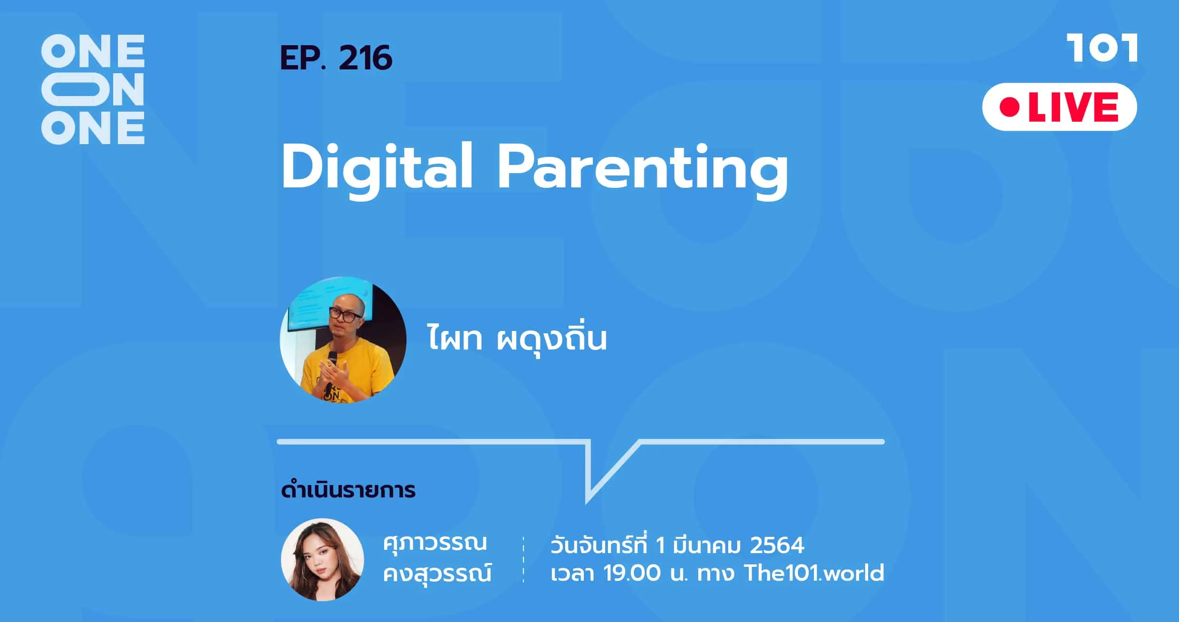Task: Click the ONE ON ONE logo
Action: [x=93, y=89]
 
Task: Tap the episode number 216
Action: [x=366, y=58]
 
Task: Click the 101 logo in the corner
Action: [x=1102, y=48]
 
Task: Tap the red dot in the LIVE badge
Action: [x=1009, y=107]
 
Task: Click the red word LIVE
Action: [x=1073, y=107]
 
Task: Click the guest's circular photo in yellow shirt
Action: [x=343, y=340]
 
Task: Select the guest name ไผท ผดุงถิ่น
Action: [x=517, y=338]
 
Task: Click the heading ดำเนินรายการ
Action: [x=348, y=490]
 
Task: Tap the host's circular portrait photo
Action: [x=322, y=560]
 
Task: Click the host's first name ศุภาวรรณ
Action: [x=435, y=544]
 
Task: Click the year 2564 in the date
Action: [x=777, y=545]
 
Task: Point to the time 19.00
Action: [x=632, y=573]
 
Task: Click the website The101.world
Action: [x=814, y=573]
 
